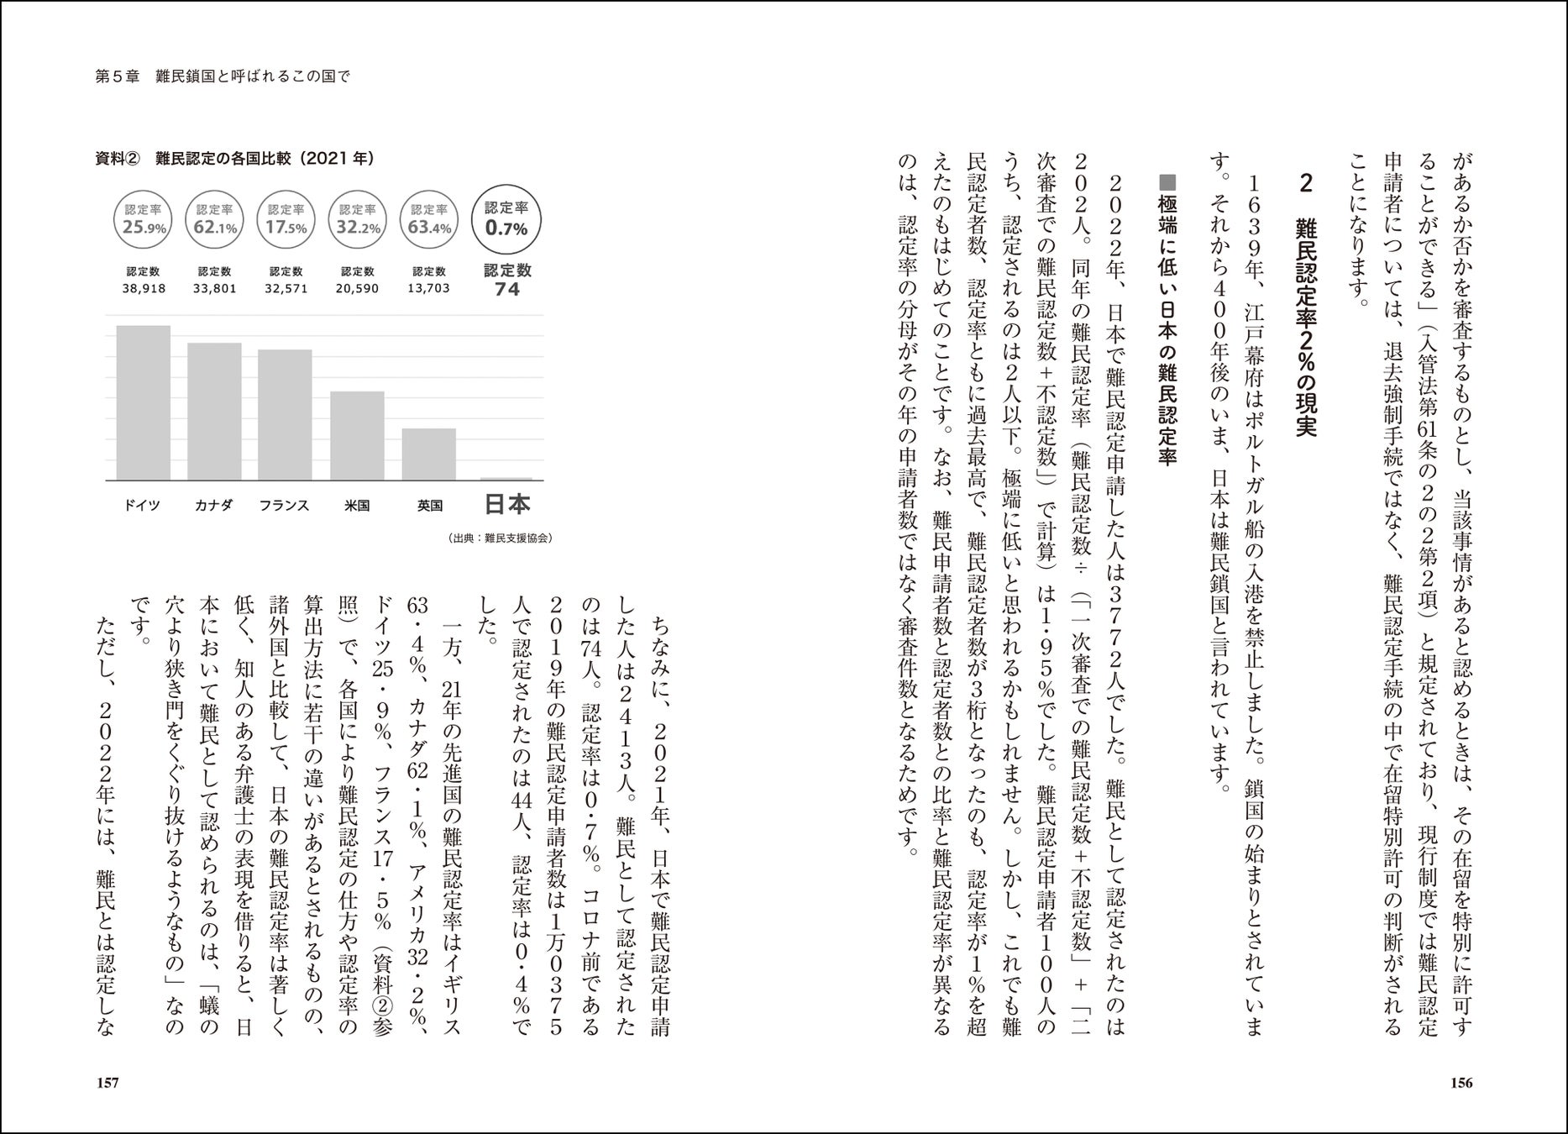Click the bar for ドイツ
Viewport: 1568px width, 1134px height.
pyautogui.click(x=143, y=402)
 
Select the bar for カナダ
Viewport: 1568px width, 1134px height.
pyautogui.click(x=214, y=412)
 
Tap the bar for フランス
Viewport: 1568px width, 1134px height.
pyautogui.click(x=285, y=415)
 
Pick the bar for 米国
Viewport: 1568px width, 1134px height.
pyautogui.click(x=357, y=435)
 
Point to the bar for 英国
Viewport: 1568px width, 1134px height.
pyautogui.click(x=428, y=454)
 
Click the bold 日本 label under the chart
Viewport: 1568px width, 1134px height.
pyautogui.click(x=507, y=504)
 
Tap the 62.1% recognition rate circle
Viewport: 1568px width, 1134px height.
pyautogui.click(x=215, y=219)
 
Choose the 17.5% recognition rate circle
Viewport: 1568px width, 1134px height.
pyautogui.click(x=286, y=219)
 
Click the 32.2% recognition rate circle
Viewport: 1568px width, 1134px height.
pyautogui.click(x=358, y=219)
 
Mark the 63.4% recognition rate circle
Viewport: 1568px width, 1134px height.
pyautogui.click(x=428, y=219)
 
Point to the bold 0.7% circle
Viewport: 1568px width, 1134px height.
pyautogui.click(x=506, y=219)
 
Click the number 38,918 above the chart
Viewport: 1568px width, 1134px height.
pyautogui.click(x=144, y=288)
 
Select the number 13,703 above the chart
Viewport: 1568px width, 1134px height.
pyautogui.click(x=428, y=288)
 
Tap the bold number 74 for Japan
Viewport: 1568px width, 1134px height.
pyautogui.click(x=507, y=290)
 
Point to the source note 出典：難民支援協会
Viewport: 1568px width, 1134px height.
pyautogui.click(x=501, y=538)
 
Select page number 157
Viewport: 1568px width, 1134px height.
pyautogui.click(x=108, y=1083)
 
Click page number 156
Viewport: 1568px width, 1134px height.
pyautogui.click(x=1461, y=1083)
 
